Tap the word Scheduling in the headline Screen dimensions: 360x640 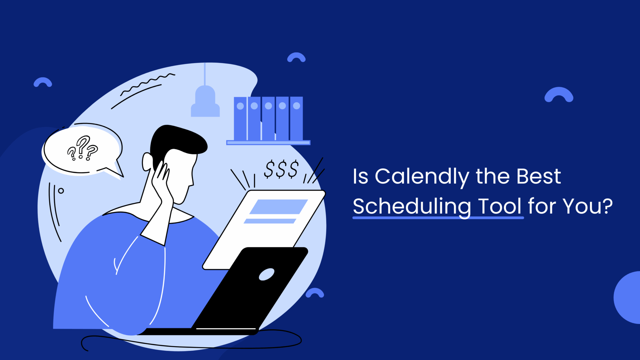412,207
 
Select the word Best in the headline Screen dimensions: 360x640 538,177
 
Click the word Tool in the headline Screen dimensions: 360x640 500,206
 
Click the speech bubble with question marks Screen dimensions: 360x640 82,149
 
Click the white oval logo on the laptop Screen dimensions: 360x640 267,274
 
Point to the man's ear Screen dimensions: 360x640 147,162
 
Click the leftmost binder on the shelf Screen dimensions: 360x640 240,119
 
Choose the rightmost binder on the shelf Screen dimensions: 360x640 296,119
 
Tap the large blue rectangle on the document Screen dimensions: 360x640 278,207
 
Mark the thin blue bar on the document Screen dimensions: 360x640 270,221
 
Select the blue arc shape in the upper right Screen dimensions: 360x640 559,94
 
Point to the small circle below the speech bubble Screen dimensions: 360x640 61,191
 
